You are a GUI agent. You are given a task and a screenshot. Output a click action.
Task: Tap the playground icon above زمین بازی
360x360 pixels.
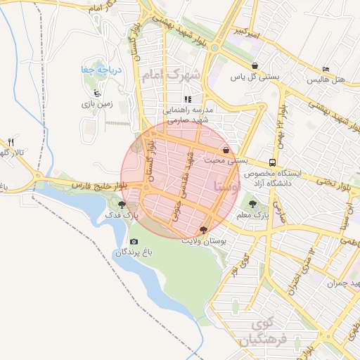coord(97,94)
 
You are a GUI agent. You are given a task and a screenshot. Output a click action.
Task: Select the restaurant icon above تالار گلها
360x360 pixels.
coord(11,143)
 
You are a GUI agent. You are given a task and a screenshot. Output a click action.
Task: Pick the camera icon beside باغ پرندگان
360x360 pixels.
coord(134,242)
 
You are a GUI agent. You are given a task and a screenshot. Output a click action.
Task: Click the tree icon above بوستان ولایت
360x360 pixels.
coord(203,230)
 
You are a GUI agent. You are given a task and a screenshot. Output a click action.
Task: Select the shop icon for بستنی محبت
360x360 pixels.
coord(226,150)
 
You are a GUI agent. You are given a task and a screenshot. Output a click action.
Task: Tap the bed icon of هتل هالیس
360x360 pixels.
coord(325,68)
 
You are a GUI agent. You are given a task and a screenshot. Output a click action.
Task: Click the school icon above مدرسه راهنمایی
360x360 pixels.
coord(187,99)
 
